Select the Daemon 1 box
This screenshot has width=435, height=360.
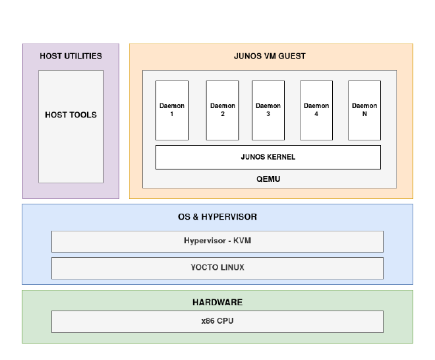point(172,110)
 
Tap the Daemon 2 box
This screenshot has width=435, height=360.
point(223,110)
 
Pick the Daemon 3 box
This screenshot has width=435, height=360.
point(268,110)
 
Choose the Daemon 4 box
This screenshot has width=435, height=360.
point(316,110)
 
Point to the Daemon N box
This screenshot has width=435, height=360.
point(364,110)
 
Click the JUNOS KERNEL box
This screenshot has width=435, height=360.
point(268,157)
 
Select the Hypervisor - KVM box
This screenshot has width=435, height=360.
point(217,241)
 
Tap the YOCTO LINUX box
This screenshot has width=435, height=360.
point(217,268)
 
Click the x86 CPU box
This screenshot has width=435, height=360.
point(217,322)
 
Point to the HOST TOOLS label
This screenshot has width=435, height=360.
point(71,115)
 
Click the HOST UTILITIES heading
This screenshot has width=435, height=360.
point(71,56)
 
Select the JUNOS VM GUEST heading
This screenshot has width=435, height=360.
point(270,56)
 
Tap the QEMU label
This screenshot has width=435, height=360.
point(268,179)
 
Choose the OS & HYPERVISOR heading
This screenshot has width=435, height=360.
point(217,217)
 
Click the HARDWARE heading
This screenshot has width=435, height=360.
point(217,302)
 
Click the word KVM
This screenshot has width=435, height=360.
point(242,241)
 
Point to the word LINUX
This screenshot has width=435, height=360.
point(231,268)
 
